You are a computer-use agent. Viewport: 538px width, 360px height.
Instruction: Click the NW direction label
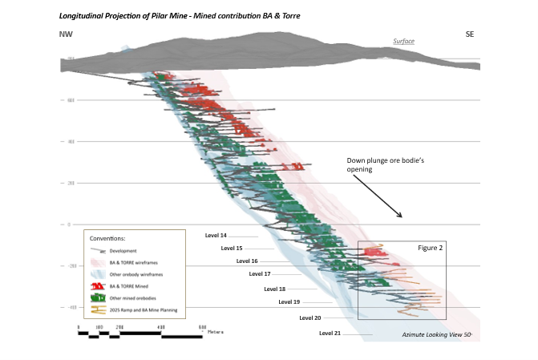coord(67,34)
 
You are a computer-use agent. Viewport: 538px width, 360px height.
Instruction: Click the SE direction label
coord(470,34)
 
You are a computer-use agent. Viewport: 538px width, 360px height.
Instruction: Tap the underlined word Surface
coord(404,41)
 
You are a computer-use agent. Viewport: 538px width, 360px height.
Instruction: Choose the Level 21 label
coord(330,333)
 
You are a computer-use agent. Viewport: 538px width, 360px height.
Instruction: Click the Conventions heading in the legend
coord(108,239)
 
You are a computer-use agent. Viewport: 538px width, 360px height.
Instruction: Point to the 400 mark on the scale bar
coord(160,328)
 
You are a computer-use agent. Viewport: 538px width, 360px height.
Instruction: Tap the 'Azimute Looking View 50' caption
coord(437,333)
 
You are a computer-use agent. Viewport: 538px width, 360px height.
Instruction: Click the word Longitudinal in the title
coord(85,15)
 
